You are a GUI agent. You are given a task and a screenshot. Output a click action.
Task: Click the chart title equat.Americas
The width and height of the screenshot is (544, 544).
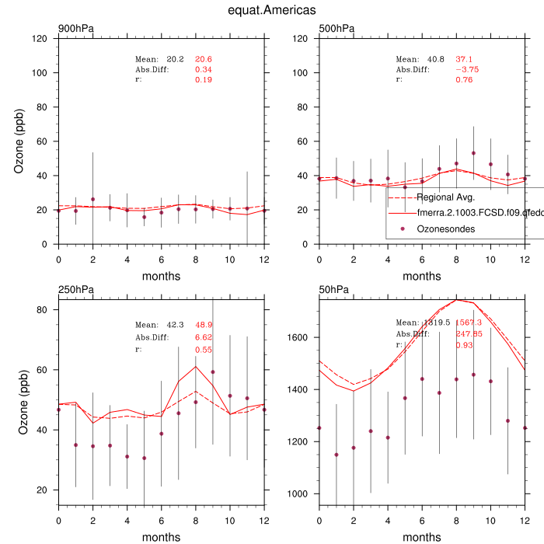[272, 10]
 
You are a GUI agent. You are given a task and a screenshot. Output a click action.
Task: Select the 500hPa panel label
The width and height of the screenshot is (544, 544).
[337, 29]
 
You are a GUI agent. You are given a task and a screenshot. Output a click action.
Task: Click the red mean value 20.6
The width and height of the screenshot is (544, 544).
[204, 59]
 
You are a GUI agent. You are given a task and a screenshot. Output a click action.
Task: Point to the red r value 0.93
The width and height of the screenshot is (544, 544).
[465, 344]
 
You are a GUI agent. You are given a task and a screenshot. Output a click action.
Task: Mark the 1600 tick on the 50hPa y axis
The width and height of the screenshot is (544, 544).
[300, 337]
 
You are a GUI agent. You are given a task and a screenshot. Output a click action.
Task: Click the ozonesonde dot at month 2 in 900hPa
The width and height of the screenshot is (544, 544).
[92, 200]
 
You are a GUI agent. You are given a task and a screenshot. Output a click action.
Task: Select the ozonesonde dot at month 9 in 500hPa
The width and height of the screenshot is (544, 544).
[473, 153]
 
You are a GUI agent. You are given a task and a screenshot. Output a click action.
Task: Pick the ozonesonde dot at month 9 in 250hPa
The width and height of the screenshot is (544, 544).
[212, 371]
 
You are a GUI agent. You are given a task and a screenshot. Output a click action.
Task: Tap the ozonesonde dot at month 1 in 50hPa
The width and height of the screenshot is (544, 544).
[337, 455]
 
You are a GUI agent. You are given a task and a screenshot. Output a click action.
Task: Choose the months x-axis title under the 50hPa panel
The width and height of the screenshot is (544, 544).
[422, 537]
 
